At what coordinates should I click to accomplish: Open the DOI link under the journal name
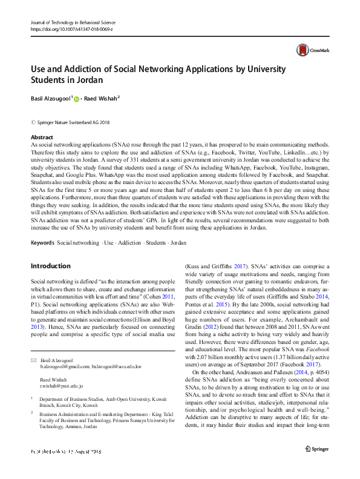coord(71,29)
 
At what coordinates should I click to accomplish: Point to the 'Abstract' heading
coord(41,138)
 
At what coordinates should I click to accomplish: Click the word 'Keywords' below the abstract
coord(42,242)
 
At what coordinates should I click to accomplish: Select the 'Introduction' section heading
coord(51,266)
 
